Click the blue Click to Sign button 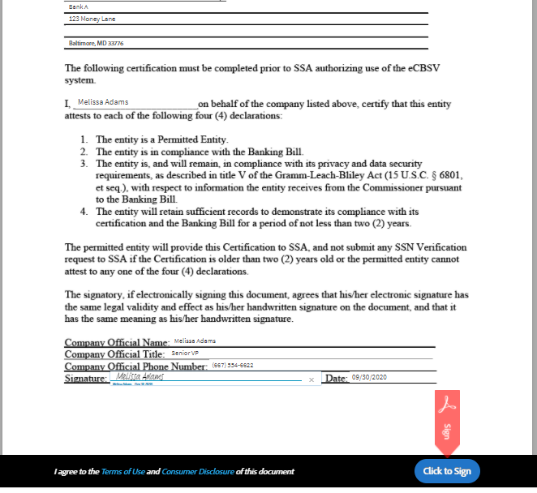447,471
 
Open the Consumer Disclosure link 197,471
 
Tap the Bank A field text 78,6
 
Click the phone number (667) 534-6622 233,365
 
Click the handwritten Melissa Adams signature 140,377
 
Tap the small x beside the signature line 311,379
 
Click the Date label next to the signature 335,379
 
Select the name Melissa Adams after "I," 103,102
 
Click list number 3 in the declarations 84,163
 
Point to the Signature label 85,379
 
